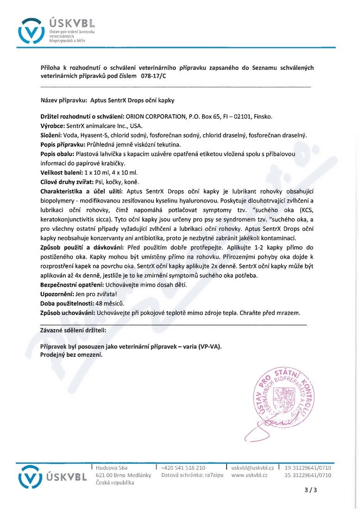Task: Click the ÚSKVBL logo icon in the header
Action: [31, 32]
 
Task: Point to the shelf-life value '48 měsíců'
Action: [108, 303]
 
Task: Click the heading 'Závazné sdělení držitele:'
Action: [73, 330]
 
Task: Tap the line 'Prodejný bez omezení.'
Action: [71, 355]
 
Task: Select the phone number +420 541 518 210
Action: [183, 467]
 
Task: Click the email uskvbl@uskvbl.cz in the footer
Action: [253, 467]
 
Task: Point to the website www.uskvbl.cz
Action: [249, 475]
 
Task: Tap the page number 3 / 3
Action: [311, 490]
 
